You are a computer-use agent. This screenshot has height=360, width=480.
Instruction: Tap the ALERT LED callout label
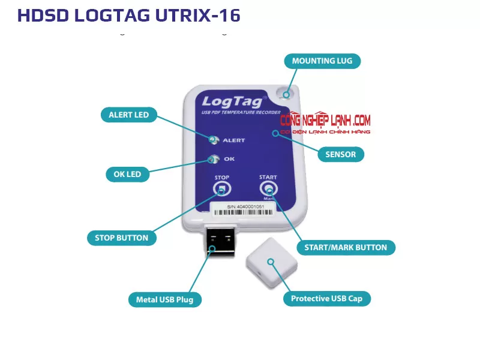[128, 115]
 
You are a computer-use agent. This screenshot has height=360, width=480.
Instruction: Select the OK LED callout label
[127, 175]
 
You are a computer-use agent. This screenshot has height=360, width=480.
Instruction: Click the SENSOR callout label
[340, 154]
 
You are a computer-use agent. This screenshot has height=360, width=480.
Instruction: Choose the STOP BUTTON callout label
[121, 238]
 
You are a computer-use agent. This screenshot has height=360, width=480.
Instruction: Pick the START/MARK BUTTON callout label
[346, 247]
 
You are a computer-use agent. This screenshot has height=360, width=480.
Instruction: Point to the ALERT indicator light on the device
[213, 140]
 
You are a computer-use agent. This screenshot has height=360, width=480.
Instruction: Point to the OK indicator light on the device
[212, 160]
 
